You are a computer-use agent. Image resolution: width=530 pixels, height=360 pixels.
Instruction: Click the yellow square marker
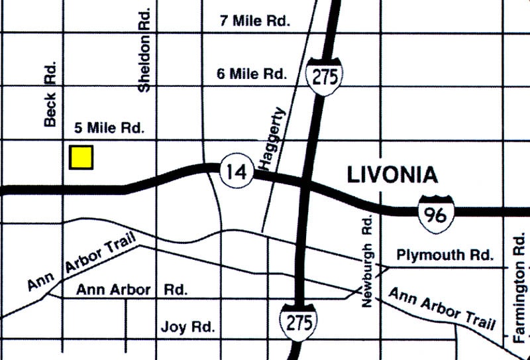coord(81,157)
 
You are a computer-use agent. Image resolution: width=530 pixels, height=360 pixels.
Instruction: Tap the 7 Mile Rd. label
coord(255,21)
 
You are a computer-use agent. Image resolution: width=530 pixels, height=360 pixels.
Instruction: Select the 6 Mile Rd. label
coord(252,74)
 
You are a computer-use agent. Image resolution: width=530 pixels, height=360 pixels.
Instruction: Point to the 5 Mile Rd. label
coord(106,128)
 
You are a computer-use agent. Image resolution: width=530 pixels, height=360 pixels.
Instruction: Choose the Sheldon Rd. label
coord(145,50)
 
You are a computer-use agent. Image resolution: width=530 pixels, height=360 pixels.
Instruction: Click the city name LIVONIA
coord(392,175)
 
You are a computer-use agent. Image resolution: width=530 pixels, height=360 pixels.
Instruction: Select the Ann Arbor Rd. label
coord(132,290)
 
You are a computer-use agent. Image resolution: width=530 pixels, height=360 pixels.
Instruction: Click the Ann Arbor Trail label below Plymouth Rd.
coord(442,308)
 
